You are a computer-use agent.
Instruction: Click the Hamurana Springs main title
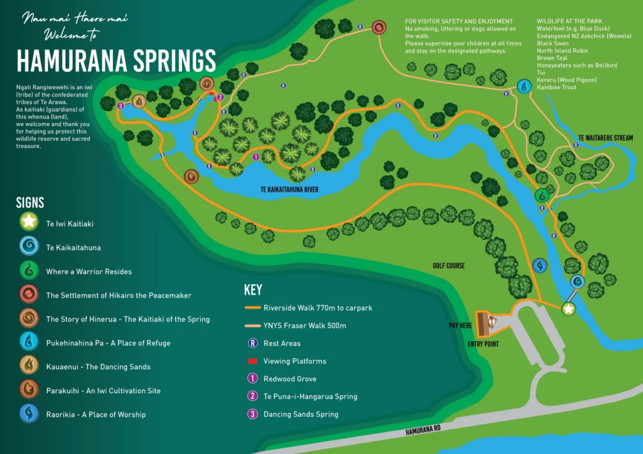click(116, 61)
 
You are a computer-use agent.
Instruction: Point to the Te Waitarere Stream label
click(605, 138)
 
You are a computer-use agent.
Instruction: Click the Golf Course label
click(448, 266)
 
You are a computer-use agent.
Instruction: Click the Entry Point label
click(484, 344)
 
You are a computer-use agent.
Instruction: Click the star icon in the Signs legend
click(29, 223)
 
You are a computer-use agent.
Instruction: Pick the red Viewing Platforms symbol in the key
click(252, 361)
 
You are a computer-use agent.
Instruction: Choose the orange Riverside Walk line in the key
click(252, 308)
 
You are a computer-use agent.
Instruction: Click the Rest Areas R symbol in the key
click(252, 343)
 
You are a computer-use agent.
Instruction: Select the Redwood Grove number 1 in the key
click(252, 379)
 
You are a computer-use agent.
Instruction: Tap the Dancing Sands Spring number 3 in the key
click(252, 414)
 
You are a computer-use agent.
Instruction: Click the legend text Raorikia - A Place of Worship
click(95, 414)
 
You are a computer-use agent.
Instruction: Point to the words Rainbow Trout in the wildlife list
click(556, 88)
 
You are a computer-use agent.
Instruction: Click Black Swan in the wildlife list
click(553, 43)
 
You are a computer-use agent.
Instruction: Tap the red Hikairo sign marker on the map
click(379, 28)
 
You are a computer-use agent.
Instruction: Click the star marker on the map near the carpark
click(568, 309)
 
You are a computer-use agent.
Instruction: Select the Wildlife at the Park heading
click(570, 21)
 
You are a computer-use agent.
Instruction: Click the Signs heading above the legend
click(30, 203)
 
